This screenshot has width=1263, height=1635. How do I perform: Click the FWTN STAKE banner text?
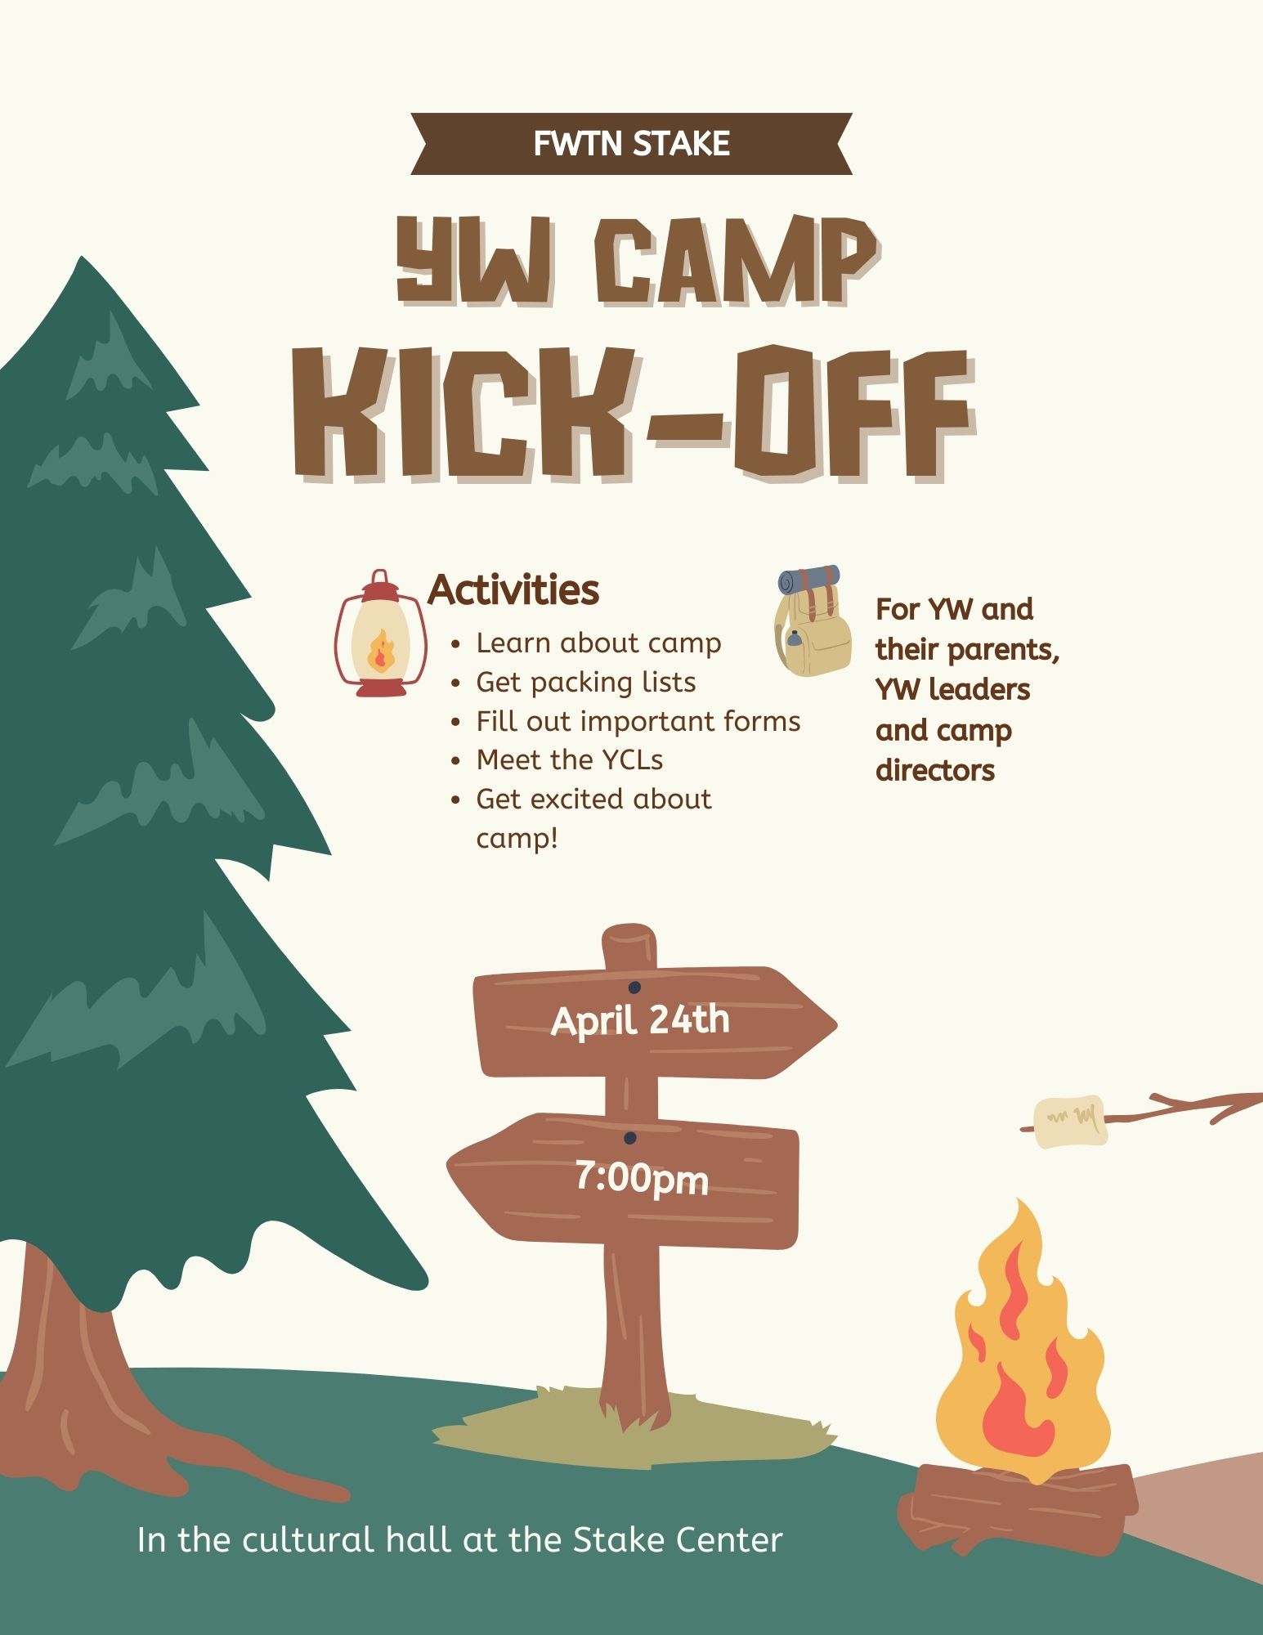tap(631, 144)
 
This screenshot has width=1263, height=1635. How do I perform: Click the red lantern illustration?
tap(380, 634)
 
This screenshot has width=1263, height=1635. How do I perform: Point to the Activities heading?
tap(513, 589)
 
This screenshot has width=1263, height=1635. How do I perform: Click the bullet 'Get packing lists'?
tap(585, 682)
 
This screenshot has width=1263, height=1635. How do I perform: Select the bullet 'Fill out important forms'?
tap(638, 721)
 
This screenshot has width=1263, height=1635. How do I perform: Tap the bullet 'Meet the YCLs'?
tap(569, 759)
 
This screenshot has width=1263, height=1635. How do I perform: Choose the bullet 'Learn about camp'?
tap(598, 643)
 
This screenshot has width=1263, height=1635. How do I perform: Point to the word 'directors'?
tap(935, 770)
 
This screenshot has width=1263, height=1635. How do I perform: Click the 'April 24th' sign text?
tap(640, 1020)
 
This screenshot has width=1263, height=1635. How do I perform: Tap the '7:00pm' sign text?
tap(642, 1179)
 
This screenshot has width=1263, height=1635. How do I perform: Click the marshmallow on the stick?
tap(1070, 1121)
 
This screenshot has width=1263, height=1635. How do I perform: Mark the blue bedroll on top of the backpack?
tap(808, 580)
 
